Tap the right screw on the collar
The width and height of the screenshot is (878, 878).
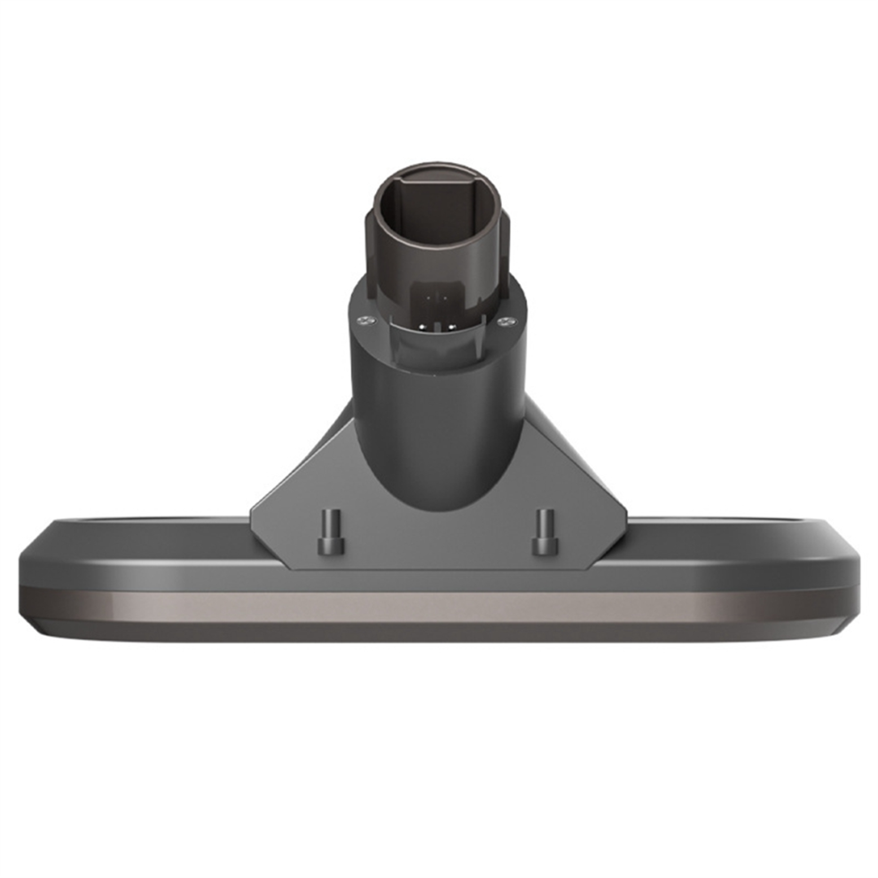(x=506, y=320)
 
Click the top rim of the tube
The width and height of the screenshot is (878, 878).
(x=435, y=166)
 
